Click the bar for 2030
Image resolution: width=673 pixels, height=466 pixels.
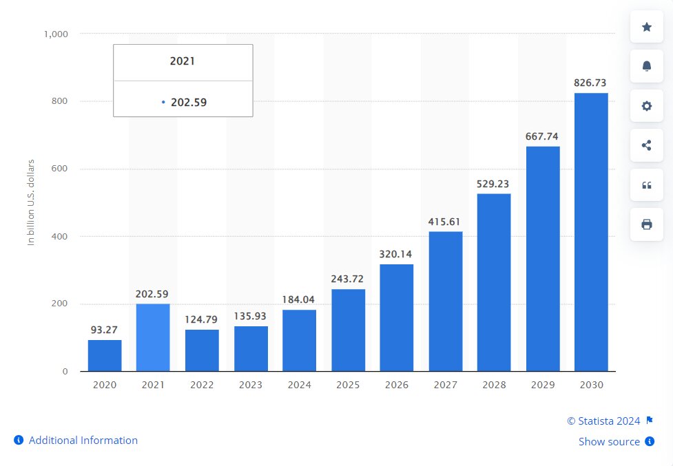click(x=591, y=232)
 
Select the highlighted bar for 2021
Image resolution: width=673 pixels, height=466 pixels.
click(x=153, y=337)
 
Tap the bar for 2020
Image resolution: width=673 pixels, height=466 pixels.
click(x=105, y=355)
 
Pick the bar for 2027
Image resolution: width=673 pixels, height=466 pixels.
click(x=446, y=301)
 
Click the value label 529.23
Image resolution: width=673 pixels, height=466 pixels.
click(x=493, y=184)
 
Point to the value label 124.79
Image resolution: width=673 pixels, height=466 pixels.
click(x=202, y=319)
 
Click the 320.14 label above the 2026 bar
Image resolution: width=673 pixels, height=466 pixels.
click(x=396, y=254)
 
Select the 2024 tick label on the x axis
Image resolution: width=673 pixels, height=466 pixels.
click(x=299, y=385)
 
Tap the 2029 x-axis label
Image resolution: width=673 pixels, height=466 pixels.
click(x=542, y=385)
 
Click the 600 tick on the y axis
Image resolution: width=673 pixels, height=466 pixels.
click(x=59, y=169)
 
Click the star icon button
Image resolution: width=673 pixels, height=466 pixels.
click(x=647, y=27)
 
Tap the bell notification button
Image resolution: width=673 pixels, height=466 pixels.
click(x=647, y=66)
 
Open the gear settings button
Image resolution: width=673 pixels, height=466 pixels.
click(x=647, y=106)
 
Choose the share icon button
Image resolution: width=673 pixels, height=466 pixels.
click(x=647, y=145)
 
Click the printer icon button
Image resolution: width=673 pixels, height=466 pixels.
click(x=647, y=224)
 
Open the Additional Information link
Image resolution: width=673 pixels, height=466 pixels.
click(x=83, y=441)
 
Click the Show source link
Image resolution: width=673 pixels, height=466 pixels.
click(x=609, y=442)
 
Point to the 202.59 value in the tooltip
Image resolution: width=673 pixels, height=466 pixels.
click(x=189, y=103)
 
